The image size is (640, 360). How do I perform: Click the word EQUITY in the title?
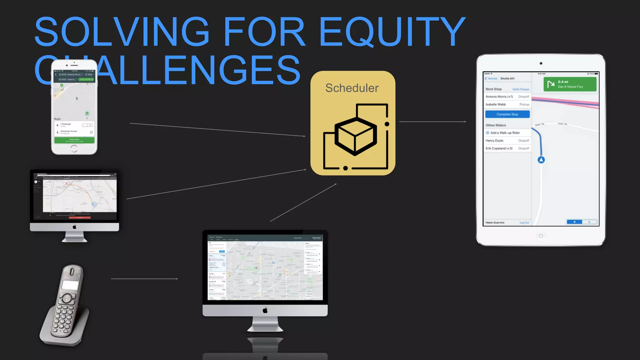(392, 32)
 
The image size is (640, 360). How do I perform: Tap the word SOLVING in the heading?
(122, 32)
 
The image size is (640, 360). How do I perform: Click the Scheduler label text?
(352, 88)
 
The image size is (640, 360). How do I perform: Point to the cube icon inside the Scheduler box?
(356, 136)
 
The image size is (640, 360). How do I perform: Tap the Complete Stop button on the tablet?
(507, 114)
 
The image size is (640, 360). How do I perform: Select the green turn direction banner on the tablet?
(570, 84)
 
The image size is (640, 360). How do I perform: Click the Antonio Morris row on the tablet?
(507, 97)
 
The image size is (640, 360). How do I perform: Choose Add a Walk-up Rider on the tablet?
(505, 133)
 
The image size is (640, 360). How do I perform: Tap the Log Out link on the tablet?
(524, 223)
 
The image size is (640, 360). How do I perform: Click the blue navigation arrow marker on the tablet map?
(541, 160)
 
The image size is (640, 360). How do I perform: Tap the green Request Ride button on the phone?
(74, 140)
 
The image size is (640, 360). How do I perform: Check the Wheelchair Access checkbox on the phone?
(91, 132)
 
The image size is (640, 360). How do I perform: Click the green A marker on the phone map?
(87, 113)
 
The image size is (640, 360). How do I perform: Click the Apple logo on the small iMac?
(74, 227)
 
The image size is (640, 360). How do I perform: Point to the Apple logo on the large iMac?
(265, 310)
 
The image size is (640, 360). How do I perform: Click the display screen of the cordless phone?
(70, 285)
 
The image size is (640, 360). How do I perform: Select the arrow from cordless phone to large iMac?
(144, 279)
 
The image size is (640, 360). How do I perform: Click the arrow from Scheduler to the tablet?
(433, 122)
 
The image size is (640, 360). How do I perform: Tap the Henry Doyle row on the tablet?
(507, 141)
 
